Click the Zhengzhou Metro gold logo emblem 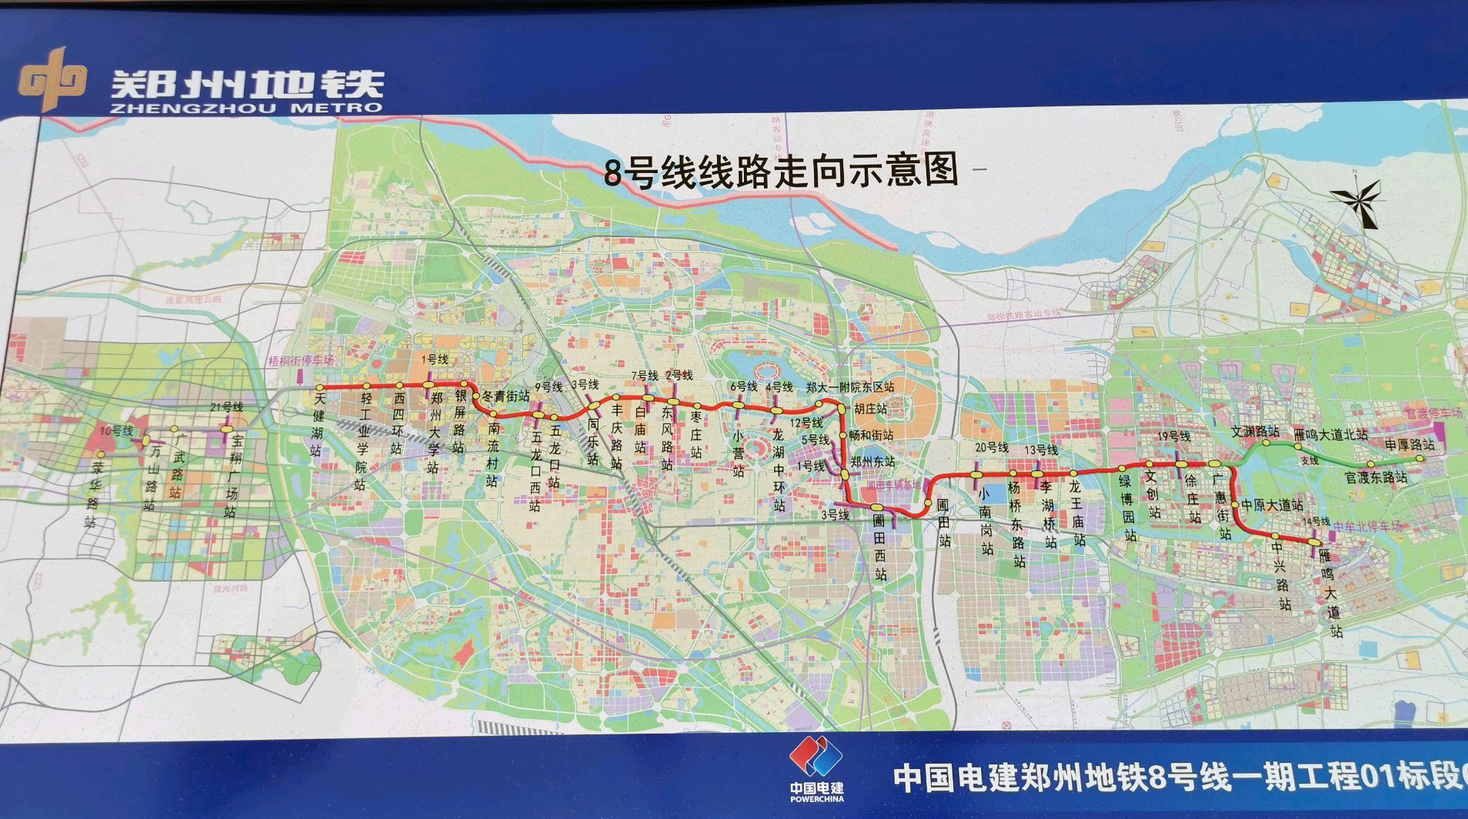[x=52, y=79]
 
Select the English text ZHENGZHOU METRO [x=246, y=109]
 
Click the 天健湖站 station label [x=317, y=423]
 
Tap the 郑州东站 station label [x=872, y=461]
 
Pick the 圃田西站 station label [x=880, y=547]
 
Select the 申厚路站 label [x=1410, y=444]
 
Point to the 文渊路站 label [x=1255, y=432]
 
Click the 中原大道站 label [x=1272, y=505]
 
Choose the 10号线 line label [x=116, y=430]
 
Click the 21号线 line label [x=226, y=406]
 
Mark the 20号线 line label [x=992, y=447]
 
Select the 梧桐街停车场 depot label [x=301, y=360]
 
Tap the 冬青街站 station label [x=505, y=396]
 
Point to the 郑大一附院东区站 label [x=850, y=386]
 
